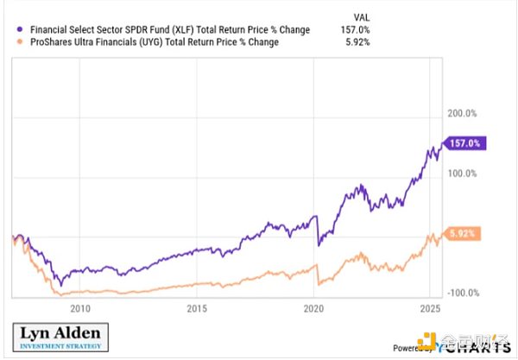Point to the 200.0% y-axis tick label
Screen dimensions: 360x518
click(x=461, y=113)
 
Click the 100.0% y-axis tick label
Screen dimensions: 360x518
click(x=461, y=174)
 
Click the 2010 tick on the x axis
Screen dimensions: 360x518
click(x=79, y=308)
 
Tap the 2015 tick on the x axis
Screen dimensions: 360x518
click(x=197, y=308)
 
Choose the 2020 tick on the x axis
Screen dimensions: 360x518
click(x=314, y=308)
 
